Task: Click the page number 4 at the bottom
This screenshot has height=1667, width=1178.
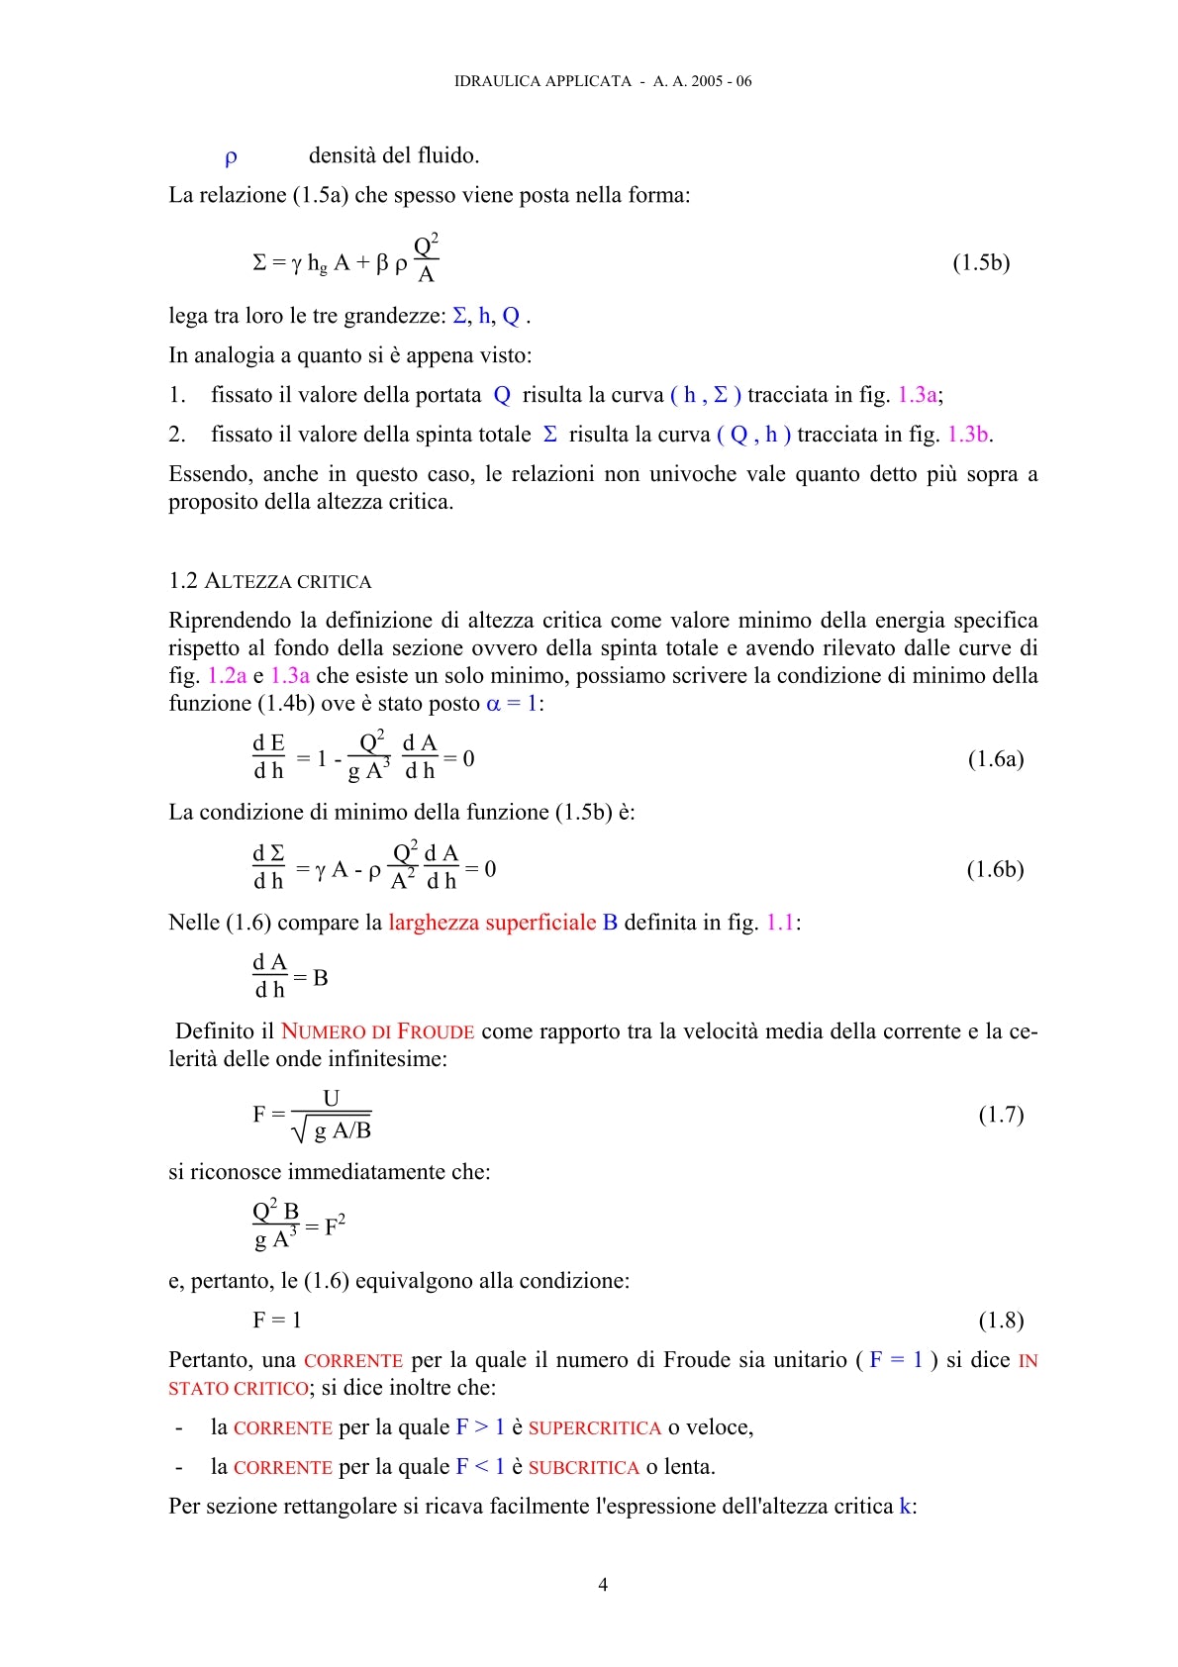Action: click(603, 1585)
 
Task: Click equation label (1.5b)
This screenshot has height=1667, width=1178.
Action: click(981, 262)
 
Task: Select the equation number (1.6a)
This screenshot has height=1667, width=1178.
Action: click(995, 759)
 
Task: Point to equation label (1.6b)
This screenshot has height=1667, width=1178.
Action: click(995, 869)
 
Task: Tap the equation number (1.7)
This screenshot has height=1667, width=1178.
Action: click(1001, 1115)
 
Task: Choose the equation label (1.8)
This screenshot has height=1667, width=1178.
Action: click(1001, 1321)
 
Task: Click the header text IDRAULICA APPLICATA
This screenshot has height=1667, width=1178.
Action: click(542, 81)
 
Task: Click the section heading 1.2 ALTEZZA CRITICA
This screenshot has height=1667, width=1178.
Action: click(270, 581)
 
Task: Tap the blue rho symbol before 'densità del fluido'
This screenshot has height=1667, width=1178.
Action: click(231, 156)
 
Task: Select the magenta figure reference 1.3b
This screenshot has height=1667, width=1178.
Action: click(969, 435)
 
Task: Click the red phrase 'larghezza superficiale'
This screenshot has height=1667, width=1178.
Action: click(492, 923)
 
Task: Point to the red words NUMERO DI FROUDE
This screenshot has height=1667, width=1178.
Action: click(377, 1031)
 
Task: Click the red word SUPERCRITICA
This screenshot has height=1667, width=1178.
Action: click(594, 1427)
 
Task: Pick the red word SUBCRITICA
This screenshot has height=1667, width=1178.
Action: click(583, 1467)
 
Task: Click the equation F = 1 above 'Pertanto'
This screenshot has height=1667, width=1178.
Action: click(277, 1321)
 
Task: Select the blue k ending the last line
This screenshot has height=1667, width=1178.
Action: click(905, 1507)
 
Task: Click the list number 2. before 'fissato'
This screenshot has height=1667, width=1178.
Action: click(177, 435)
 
